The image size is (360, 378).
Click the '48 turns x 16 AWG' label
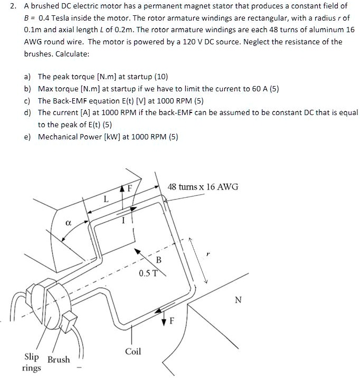pyautogui.click(x=203, y=187)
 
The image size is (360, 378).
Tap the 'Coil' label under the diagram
pyautogui.click(x=133, y=351)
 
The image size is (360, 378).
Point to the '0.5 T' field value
pyautogui.click(x=148, y=273)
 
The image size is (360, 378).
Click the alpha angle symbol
pyautogui.click(x=68, y=224)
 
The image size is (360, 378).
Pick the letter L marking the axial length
pyautogui.click(x=106, y=200)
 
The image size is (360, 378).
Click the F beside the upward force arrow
pyautogui.click(x=136, y=187)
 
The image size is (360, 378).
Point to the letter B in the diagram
pyautogui.click(x=158, y=260)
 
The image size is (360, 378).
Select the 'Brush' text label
pyautogui.click(x=59, y=360)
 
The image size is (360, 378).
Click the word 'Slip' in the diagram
pyautogui.click(x=33, y=356)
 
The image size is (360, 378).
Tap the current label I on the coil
pyautogui.click(x=122, y=222)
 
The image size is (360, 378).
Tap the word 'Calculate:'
pyautogui.click(x=71, y=54)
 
